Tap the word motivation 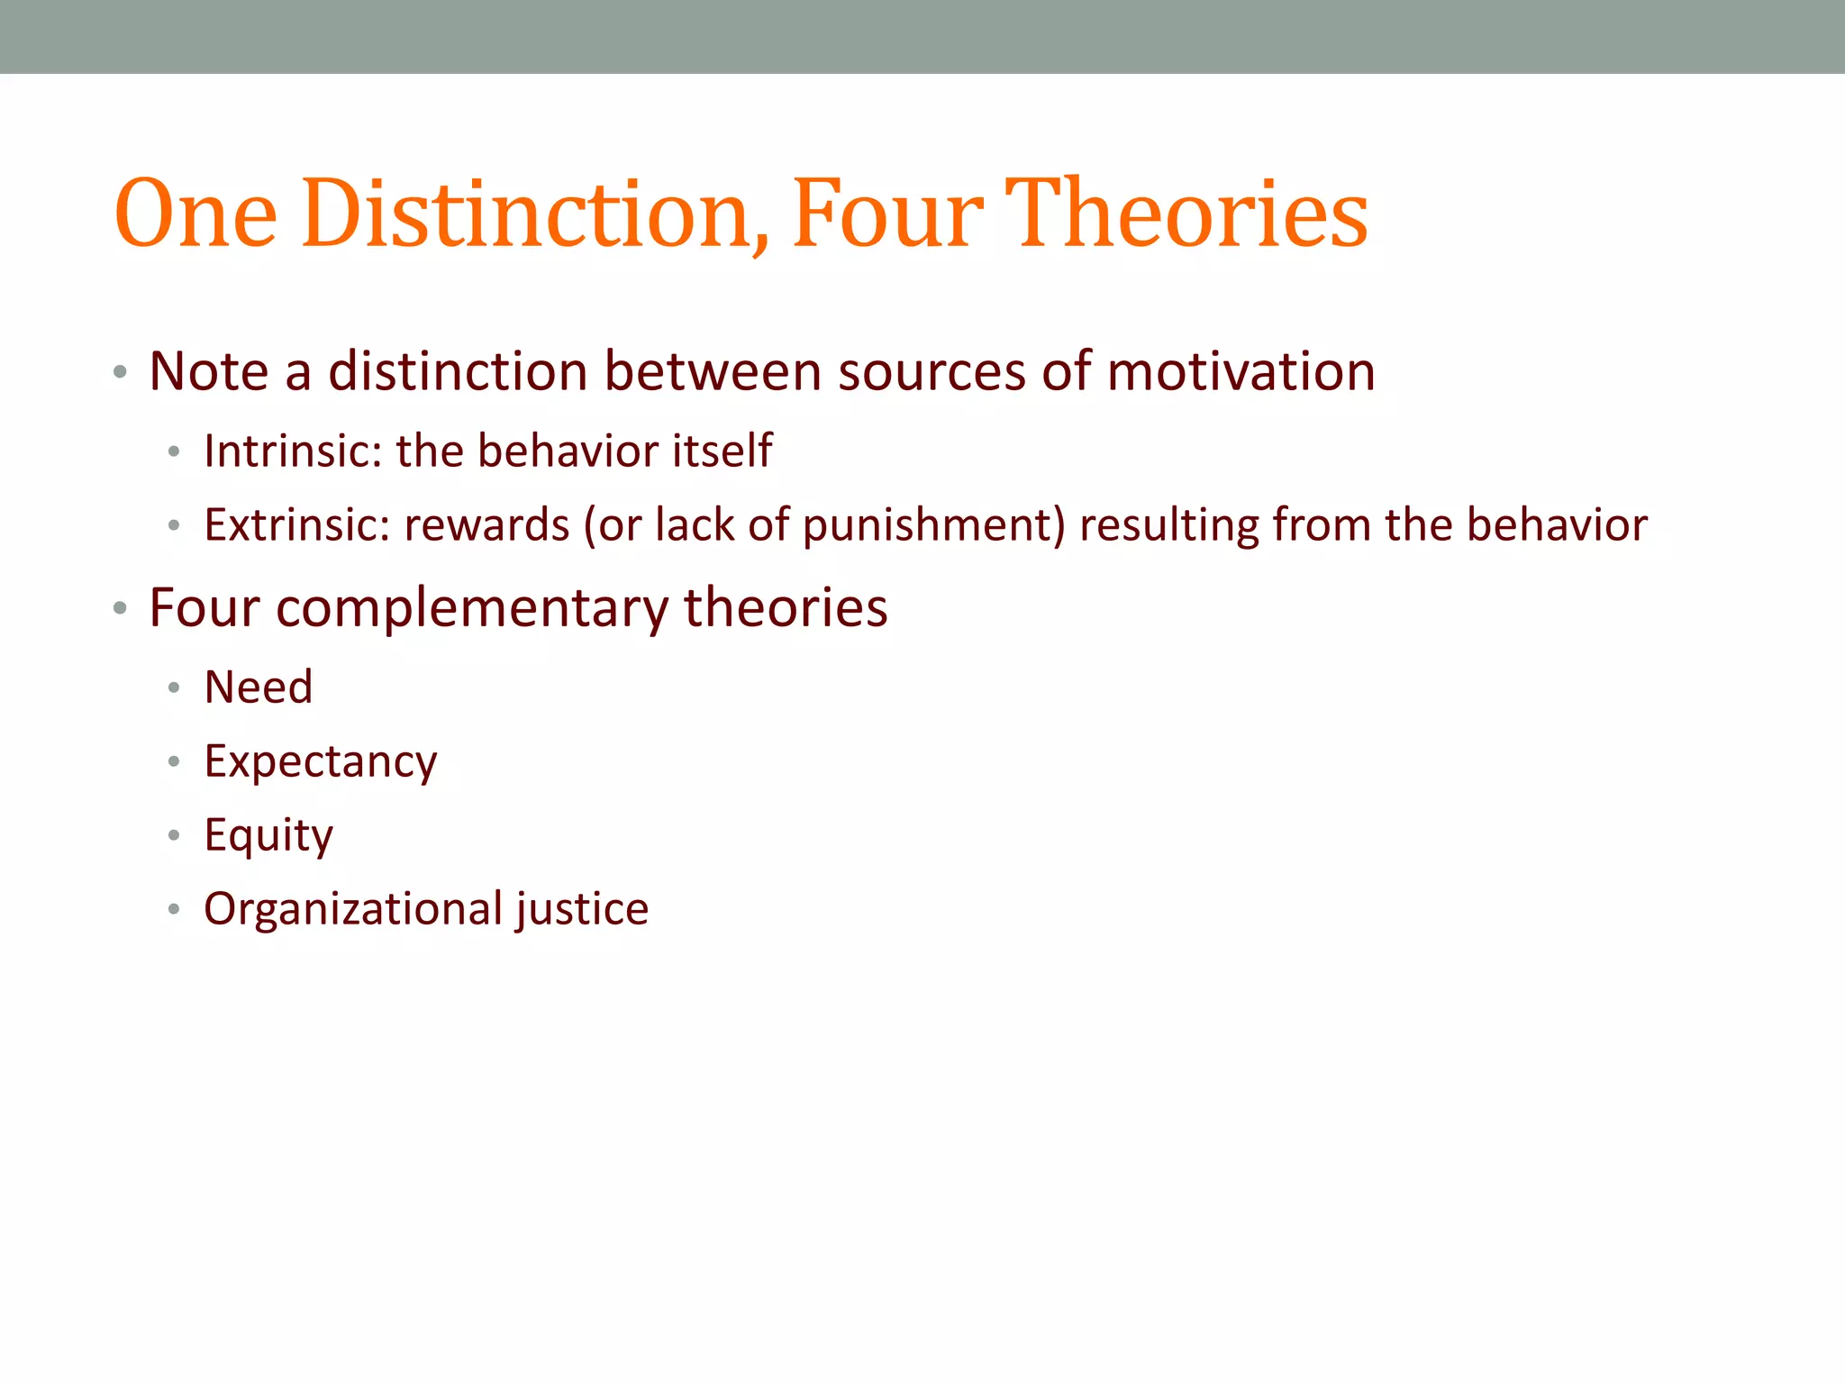(x=1241, y=371)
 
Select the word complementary (x=471, y=609)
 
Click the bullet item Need (x=259, y=687)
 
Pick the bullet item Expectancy (x=321, y=762)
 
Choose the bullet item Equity (x=268, y=836)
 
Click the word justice (x=581, y=909)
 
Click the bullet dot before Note (x=120, y=372)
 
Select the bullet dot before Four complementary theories (x=120, y=609)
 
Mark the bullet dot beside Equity (x=174, y=835)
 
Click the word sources (x=932, y=373)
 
